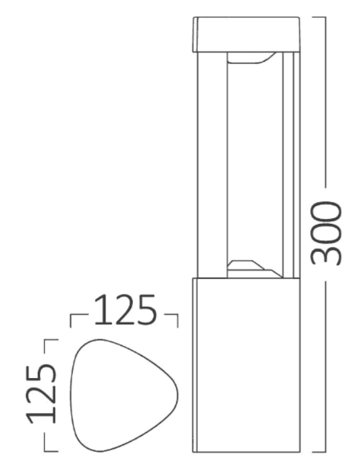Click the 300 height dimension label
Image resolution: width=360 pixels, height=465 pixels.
pos(327,233)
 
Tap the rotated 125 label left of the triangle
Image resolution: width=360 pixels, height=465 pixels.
pos(40,393)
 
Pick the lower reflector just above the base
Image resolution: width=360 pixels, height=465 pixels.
pos(253,267)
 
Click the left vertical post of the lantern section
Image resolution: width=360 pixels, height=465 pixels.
pos(211,164)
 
